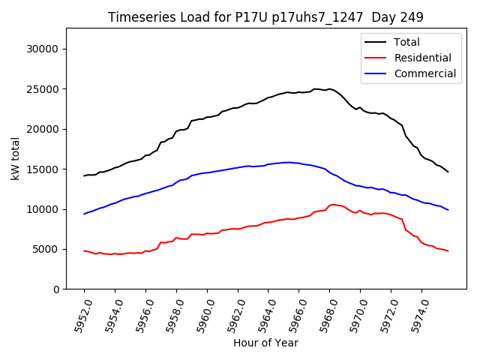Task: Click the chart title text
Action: (x=265, y=17)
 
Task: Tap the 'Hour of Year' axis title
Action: (x=265, y=343)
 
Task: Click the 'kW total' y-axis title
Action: (x=14, y=159)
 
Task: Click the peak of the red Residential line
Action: (x=331, y=204)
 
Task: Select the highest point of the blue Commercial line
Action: (x=287, y=162)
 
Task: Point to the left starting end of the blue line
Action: (x=84, y=214)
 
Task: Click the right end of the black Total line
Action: (x=448, y=172)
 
